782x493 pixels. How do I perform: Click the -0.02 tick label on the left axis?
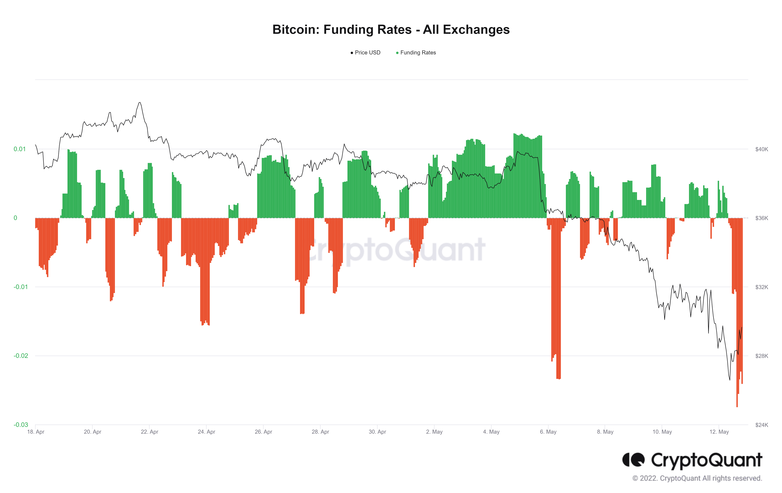[x=20, y=356]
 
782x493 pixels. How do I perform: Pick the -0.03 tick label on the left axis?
[x=20, y=425]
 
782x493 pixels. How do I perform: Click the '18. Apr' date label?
[x=36, y=432]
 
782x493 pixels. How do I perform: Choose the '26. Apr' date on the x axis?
[x=263, y=432]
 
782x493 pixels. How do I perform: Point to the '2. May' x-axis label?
[x=434, y=432]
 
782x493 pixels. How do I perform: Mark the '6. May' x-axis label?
[x=548, y=432]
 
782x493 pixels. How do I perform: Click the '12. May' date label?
[x=719, y=432]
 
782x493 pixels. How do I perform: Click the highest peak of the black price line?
[x=140, y=103]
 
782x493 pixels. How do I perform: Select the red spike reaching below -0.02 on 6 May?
[x=558, y=377]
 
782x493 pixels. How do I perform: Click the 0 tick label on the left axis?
[x=15, y=218]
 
